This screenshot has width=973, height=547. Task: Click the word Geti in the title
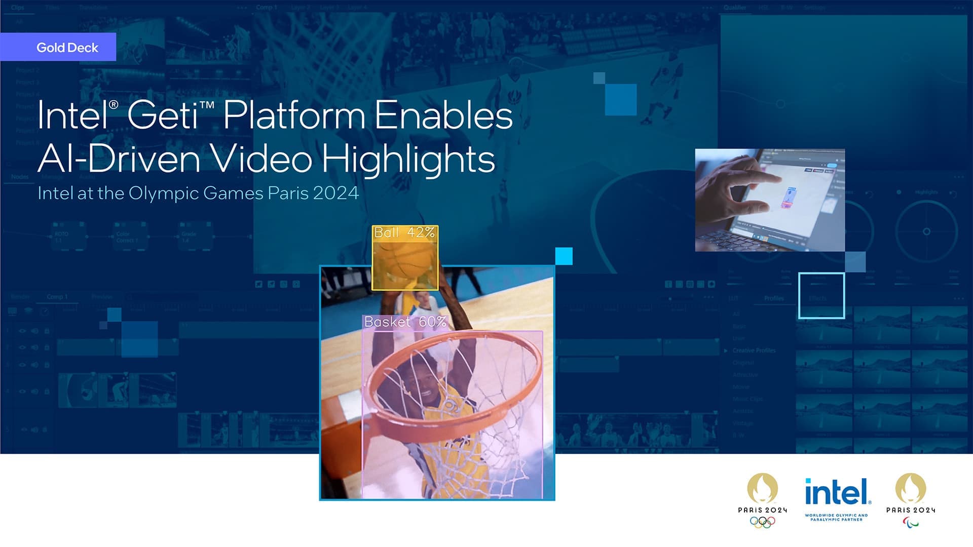163,115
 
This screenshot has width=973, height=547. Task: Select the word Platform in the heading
294,115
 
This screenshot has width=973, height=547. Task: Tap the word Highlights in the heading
408,159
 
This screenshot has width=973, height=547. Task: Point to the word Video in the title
261,159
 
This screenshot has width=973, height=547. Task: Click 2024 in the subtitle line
335,193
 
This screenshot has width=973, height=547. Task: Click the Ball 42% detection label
404,232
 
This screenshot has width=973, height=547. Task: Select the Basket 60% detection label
405,322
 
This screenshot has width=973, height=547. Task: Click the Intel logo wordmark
837,492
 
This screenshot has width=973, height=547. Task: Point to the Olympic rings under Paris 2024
762,522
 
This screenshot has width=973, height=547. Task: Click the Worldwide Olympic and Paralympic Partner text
836,517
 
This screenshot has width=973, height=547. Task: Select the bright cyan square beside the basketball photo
564,256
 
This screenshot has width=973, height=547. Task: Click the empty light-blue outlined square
821,296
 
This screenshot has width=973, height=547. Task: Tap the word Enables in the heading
443,115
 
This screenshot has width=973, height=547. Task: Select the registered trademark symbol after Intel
114,104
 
